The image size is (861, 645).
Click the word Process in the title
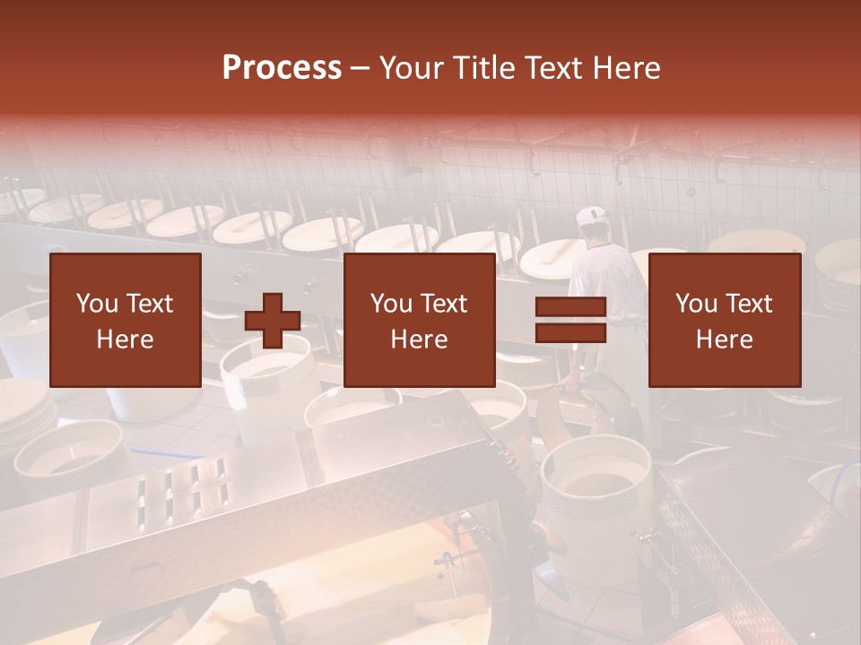click(282, 68)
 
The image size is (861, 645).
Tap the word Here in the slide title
click(625, 68)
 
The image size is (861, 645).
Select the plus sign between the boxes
click(273, 321)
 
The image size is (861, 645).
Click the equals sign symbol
click(570, 320)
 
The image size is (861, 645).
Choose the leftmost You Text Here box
click(126, 320)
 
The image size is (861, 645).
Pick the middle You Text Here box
click(420, 320)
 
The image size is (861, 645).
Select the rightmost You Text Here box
click(725, 320)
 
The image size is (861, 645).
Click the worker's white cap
click(592, 217)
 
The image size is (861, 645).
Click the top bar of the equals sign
click(570, 307)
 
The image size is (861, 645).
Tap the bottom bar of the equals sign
click(570, 332)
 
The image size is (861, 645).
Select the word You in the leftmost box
click(94, 304)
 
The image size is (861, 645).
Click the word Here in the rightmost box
click(725, 340)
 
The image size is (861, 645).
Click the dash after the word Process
click(360, 68)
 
